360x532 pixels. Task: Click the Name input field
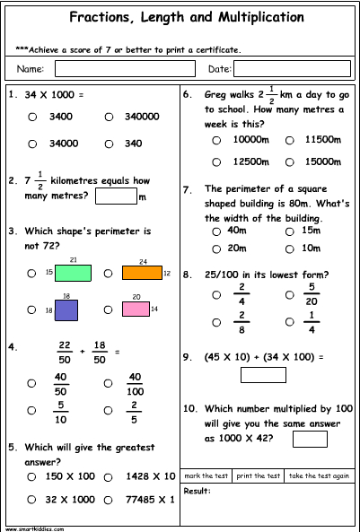tap(125, 69)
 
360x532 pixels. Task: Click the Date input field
tap(291, 69)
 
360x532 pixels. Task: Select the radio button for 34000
tap(32, 143)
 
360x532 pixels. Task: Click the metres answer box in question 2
tap(115, 195)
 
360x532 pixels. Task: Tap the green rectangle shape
tap(73, 273)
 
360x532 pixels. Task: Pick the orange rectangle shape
tap(142, 273)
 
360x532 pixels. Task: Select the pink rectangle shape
tap(136, 310)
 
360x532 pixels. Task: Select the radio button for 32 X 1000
tap(32, 500)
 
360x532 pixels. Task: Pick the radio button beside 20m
tap(216, 248)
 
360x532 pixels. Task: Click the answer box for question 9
tap(263, 375)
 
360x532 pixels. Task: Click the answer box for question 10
tap(310, 439)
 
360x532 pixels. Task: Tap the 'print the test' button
tap(259, 475)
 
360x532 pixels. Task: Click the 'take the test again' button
tap(320, 475)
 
